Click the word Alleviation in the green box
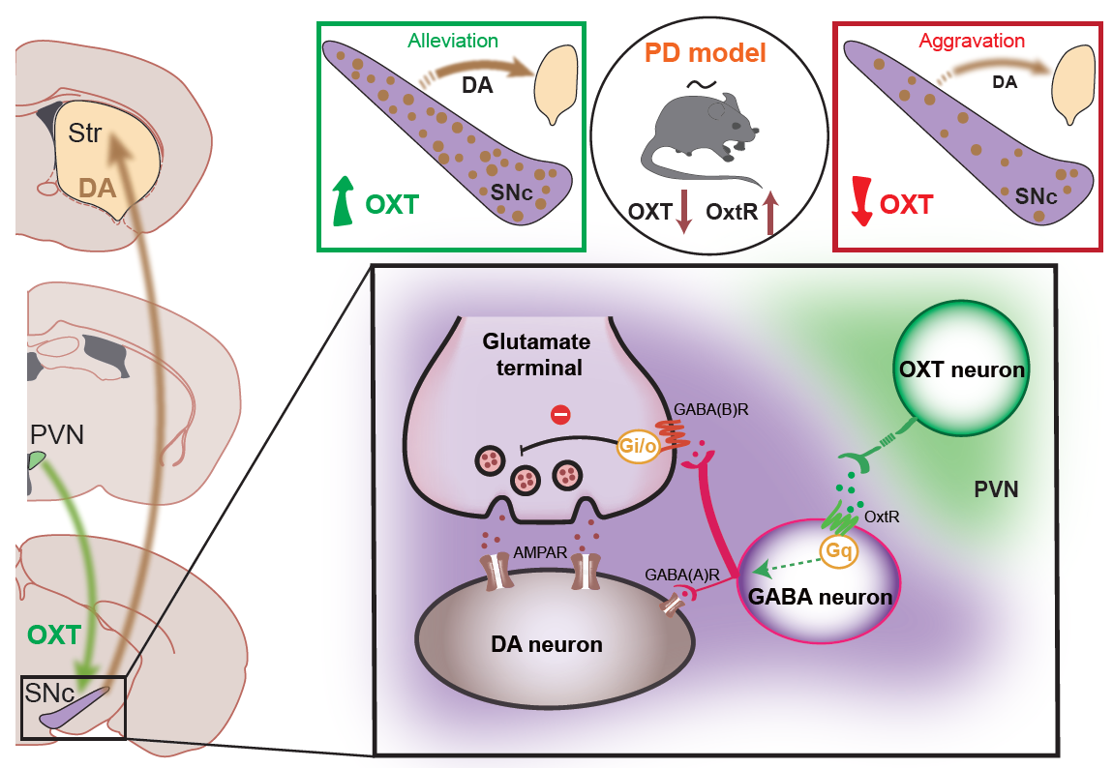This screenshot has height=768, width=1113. [454, 42]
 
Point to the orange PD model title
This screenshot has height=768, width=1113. [705, 52]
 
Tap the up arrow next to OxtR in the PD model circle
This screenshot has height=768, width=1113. [770, 213]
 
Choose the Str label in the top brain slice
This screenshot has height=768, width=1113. [84, 134]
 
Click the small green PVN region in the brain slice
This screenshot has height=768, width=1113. [37, 461]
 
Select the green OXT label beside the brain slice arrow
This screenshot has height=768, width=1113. [54, 635]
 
